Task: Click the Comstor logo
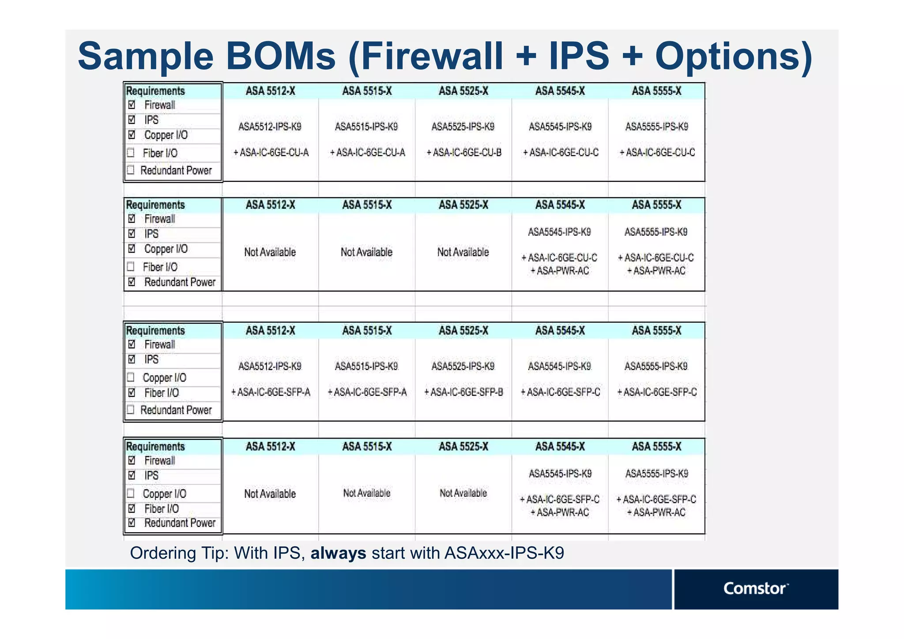click(x=755, y=588)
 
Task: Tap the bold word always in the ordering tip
click(x=338, y=553)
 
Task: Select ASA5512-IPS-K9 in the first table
click(x=270, y=127)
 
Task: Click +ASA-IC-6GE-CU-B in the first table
click(x=463, y=153)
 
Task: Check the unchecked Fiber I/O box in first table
click(x=131, y=153)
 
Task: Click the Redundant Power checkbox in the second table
click(x=132, y=282)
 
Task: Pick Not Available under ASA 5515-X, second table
click(x=366, y=252)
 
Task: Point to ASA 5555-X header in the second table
click(x=656, y=205)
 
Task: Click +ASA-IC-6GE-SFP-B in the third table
click(x=463, y=392)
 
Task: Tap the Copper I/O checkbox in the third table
click(x=131, y=377)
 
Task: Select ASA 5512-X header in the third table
click(x=270, y=331)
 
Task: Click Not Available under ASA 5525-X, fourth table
click(x=463, y=493)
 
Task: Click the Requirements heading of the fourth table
click(x=155, y=446)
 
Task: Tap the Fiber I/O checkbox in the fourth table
click(x=132, y=509)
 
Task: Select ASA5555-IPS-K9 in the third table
click(x=656, y=367)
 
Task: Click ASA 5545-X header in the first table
click(x=560, y=91)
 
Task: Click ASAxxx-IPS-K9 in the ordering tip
click(x=504, y=553)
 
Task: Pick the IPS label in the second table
click(x=151, y=234)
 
